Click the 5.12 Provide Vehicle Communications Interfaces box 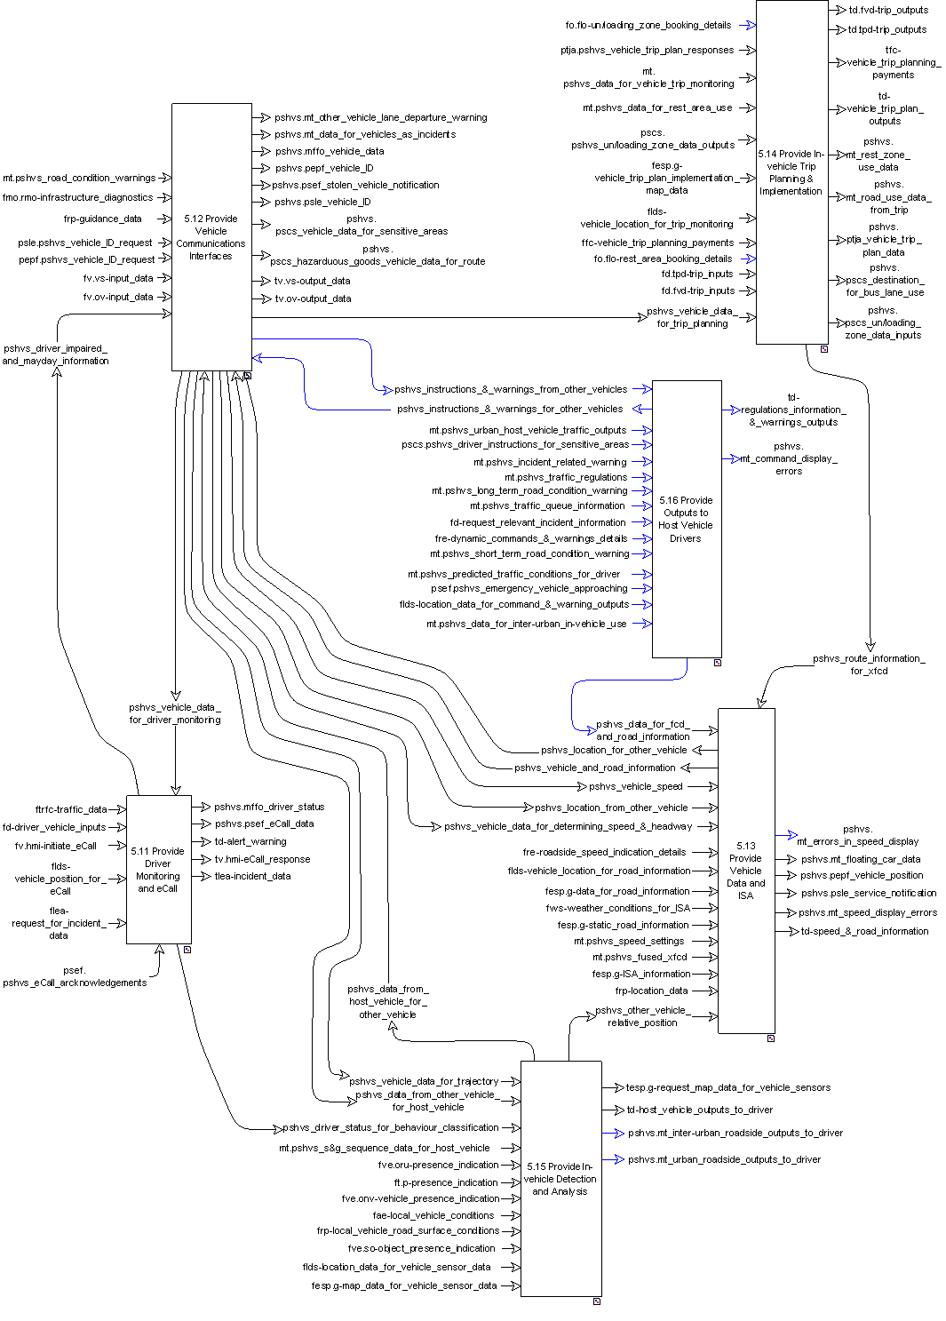(211, 236)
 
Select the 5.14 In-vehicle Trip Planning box (791, 172)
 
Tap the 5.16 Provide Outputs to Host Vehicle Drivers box (686, 519)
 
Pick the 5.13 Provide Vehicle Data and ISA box (746, 870)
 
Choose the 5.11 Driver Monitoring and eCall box (158, 869)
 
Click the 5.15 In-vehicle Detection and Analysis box (560, 1178)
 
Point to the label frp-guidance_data (102, 219)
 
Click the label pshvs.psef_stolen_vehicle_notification (356, 185)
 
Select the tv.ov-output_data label (313, 298)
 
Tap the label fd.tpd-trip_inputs (697, 274)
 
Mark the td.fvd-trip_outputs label (888, 10)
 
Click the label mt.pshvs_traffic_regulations (566, 477)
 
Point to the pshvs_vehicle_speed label (636, 786)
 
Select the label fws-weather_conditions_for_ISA (618, 908)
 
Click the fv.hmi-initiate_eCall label (56, 846)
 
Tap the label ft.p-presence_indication (446, 1182)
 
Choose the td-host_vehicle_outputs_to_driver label (700, 1110)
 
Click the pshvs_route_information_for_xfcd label (869, 664)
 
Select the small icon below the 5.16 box (718, 663)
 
